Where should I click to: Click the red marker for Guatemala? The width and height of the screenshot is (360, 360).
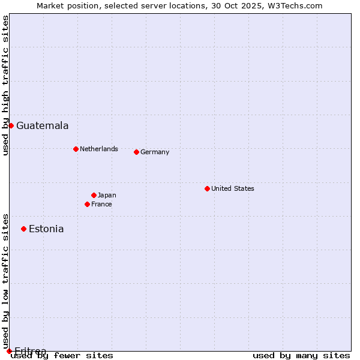[11, 125]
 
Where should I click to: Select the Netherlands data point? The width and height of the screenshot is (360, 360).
[76, 149]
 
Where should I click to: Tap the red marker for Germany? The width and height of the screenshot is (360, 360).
[136, 152]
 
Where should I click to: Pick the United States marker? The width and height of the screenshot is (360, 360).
[207, 188]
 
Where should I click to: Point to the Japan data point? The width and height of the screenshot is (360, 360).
[94, 195]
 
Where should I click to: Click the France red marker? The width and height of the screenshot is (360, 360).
[87, 204]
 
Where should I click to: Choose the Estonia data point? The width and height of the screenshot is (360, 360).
[23, 229]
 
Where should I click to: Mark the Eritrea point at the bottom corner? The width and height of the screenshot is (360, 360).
[9, 351]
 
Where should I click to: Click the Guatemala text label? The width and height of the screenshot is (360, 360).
[42, 126]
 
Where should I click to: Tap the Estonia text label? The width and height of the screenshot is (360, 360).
[46, 229]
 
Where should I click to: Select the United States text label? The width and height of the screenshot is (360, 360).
[233, 188]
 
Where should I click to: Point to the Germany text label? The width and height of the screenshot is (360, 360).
[155, 152]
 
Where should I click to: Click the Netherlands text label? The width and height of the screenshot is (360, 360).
[99, 149]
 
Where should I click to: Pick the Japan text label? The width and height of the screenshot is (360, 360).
[107, 195]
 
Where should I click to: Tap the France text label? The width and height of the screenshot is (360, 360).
[101, 204]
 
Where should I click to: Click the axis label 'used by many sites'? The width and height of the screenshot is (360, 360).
[301, 356]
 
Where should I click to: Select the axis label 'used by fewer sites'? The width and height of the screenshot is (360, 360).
[62, 356]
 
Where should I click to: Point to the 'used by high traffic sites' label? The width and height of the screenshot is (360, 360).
[6, 85]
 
